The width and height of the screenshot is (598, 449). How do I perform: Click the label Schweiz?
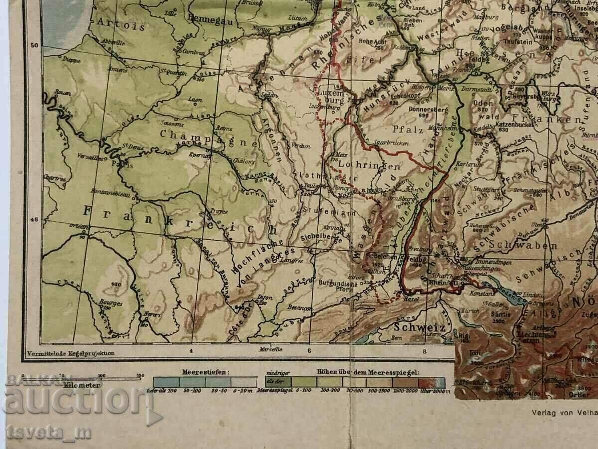420,327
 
